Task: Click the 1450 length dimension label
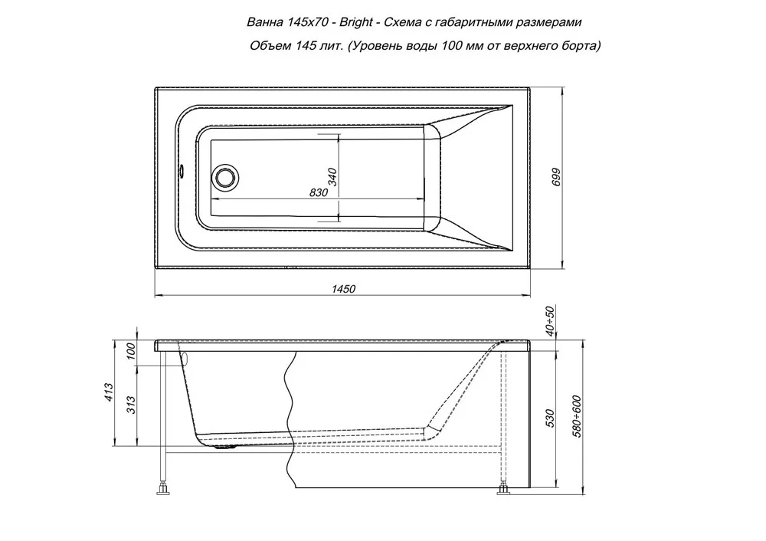pyautogui.click(x=343, y=289)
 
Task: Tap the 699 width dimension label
pyautogui.click(x=556, y=177)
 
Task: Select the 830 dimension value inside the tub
pyautogui.click(x=319, y=192)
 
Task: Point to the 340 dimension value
pyautogui.click(x=332, y=177)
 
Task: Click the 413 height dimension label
pyautogui.click(x=109, y=392)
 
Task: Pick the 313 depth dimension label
pyautogui.click(x=131, y=405)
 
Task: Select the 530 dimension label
pyautogui.click(x=550, y=418)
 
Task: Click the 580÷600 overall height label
pyautogui.click(x=577, y=416)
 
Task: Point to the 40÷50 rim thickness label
pyautogui.click(x=550, y=321)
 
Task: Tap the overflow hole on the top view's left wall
pyautogui.click(x=181, y=172)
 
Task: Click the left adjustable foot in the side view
pyautogui.click(x=162, y=487)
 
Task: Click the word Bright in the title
pyautogui.click(x=357, y=22)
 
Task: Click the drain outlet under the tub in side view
pyautogui.click(x=226, y=445)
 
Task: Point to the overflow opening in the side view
pyautogui.click(x=184, y=357)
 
